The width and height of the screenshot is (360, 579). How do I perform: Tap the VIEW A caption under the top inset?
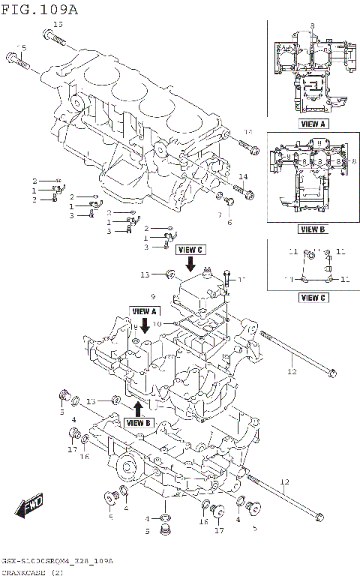tap(313, 124)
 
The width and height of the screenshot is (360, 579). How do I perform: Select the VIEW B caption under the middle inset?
tap(312, 229)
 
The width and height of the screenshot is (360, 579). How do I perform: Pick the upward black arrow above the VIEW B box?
tap(138, 408)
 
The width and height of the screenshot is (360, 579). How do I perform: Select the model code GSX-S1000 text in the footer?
tap(30, 561)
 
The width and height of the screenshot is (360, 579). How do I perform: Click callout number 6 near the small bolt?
tap(229, 222)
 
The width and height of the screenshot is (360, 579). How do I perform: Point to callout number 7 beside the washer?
tap(220, 214)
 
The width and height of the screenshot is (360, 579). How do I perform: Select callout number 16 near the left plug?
tap(85, 457)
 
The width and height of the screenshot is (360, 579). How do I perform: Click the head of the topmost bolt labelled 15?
tap(49, 33)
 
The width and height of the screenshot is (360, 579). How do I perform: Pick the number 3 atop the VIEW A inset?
tap(311, 25)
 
